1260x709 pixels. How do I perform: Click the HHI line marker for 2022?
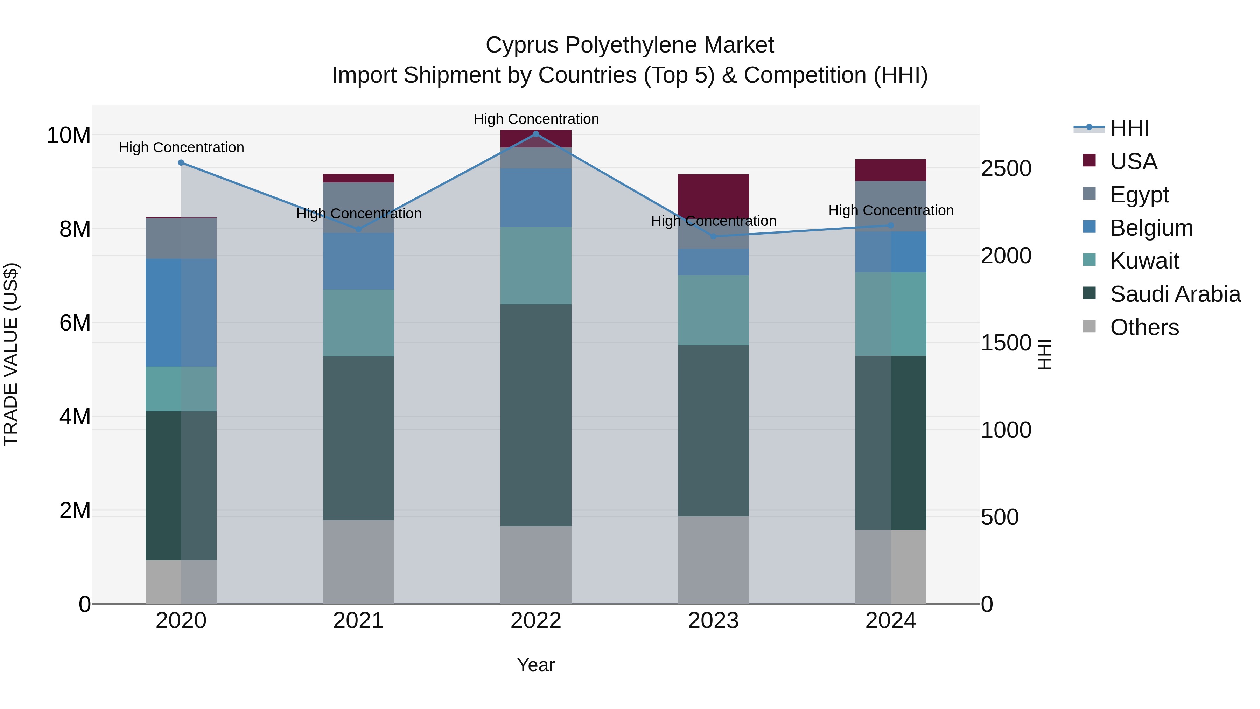[x=535, y=134]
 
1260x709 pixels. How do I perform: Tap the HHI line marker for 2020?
[x=181, y=162]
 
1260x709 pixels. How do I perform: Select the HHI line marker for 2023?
[x=713, y=237]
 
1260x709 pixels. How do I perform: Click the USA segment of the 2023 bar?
[x=713, y=196]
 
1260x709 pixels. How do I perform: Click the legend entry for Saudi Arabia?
[x=1175, y=294]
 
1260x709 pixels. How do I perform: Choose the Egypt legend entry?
[x=1139, y=195]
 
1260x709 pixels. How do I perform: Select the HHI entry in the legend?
[x=1129, y=128]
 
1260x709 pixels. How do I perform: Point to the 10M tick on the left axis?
[x=69, y=135]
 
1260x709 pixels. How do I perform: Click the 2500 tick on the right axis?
[x=1006, y=169]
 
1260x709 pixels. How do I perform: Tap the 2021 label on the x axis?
[x=358, y=621]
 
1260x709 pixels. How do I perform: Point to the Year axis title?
[x=535, y=665]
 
